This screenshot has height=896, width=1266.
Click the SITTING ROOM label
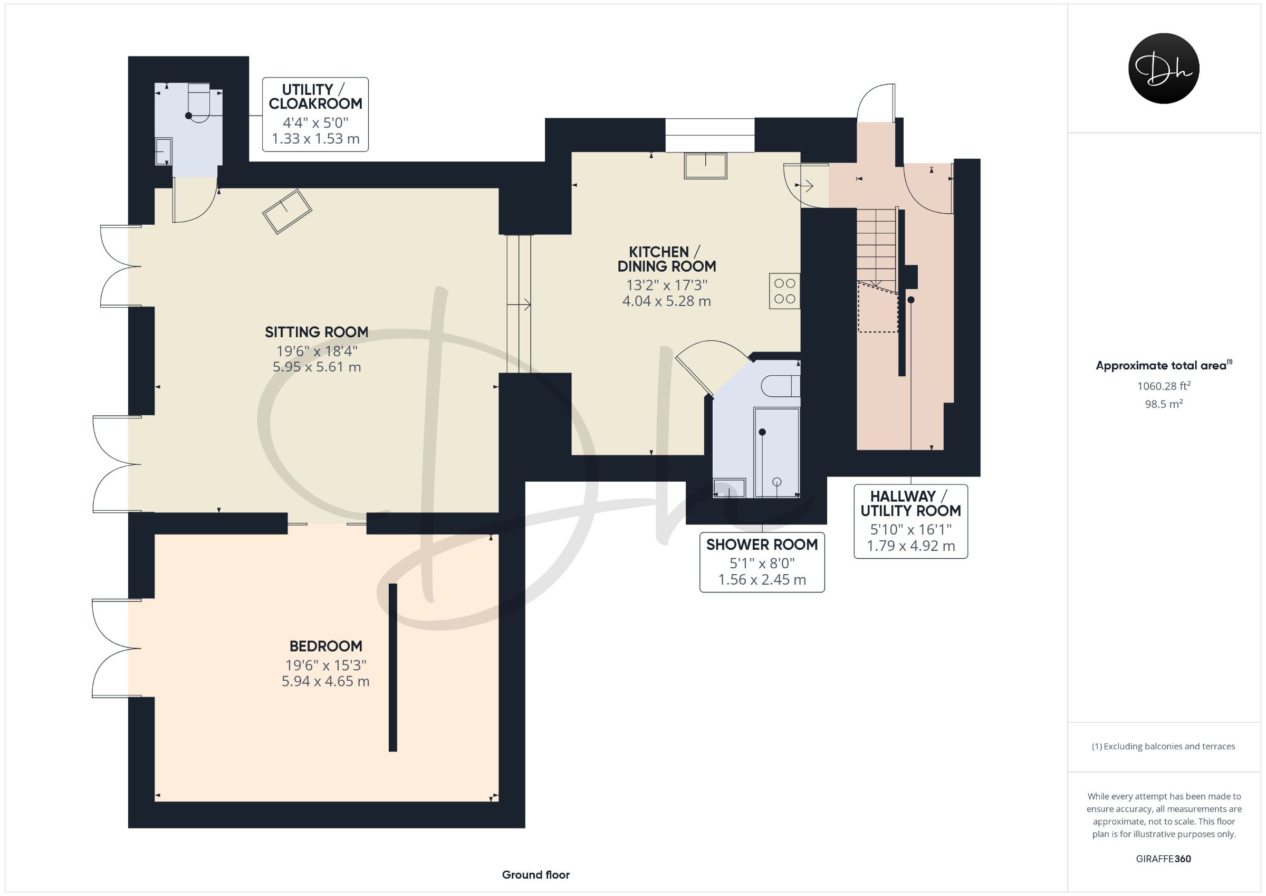pos(316,332)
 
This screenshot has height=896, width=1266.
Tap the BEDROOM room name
pos(325,646)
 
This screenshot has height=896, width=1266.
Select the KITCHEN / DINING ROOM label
pos(666,259)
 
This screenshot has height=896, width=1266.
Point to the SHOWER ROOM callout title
pos(762,545)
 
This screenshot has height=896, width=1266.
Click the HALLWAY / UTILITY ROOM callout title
pos(911,503)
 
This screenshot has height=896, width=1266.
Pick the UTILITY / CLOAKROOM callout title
pos(315,97)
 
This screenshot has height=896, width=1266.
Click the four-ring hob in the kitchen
pos(784,291)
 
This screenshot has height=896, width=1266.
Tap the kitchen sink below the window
pos(705,166)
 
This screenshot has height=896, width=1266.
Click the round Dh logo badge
pos(1164,69)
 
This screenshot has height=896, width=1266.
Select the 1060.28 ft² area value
pos(1164,386)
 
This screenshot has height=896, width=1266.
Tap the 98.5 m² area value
pos(1164,404)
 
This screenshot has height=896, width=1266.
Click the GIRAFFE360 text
pos(1164,859)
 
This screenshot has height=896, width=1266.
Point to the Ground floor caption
pos(536,874)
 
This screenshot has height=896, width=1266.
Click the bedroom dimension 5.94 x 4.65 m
pos(325,681)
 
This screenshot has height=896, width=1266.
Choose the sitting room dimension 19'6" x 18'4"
pos(317,351)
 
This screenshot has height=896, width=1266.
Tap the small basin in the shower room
pos(729,488)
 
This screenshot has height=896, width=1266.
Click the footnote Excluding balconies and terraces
pos(1164,747)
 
